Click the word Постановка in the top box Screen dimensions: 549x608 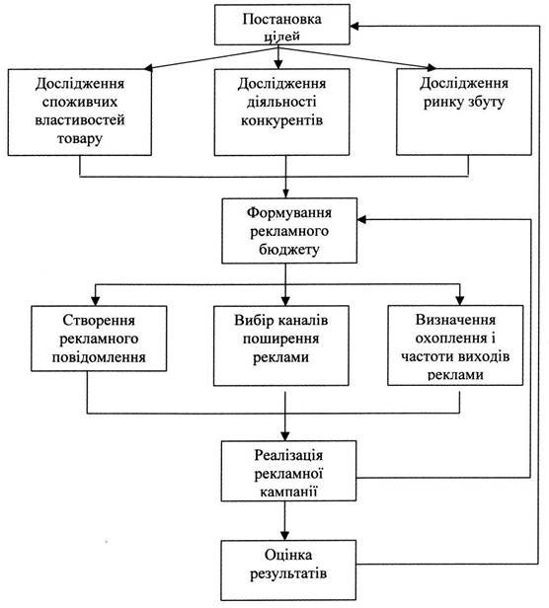(x=282, y=19)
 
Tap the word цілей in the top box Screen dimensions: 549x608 (x=282, y=37)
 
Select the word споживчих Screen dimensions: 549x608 (x=80, y=102)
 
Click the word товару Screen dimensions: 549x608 (x=80, y=138)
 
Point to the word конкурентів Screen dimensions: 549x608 (x=281, y=120)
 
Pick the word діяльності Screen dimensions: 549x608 (x=281, y=102)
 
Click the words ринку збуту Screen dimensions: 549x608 (x=464, y=103)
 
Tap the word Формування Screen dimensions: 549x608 (x=289, y=213)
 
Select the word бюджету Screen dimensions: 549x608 (x=289, y=250)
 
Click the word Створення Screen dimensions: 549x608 (x=99, y=321)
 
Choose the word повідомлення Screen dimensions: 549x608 (x=99, y=357)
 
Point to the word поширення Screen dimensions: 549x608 (x=281, y=339)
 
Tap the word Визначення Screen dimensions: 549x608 (x=455, y=320)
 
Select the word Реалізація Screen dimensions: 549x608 (x=288, y=455)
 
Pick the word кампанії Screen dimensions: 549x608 (x=288, y=492)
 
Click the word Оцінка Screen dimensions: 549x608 (x=288, y=555)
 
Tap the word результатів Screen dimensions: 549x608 (x=288, y=573)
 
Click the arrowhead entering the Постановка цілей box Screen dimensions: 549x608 (x=354, y=26)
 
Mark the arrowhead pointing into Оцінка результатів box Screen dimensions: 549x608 (x=285, y=536)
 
